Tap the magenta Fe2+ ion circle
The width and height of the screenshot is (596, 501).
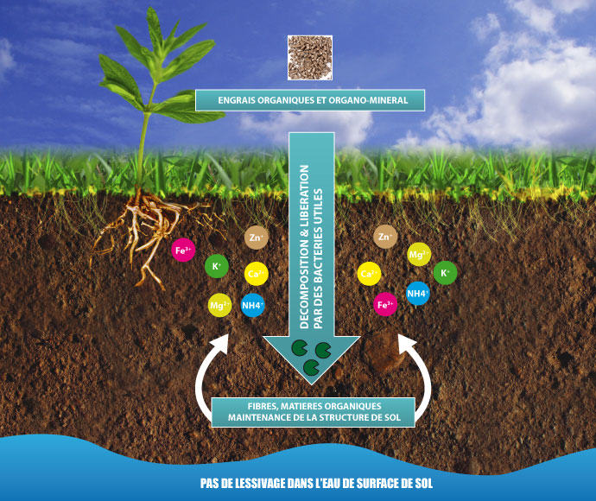(x=385, y=304)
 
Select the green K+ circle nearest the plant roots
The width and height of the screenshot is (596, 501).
(x=216, y=267)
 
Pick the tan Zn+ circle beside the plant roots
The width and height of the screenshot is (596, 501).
(x=256, y=237)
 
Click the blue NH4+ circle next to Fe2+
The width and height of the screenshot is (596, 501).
(x=418, y=294)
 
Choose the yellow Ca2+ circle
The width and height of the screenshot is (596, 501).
(x=256, y=274)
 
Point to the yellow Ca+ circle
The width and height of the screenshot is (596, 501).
(x=369, y=275)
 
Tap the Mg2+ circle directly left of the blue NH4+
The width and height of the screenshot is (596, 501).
(x=219, y=305)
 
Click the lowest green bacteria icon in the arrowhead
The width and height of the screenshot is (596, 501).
(x=309, y=369)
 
